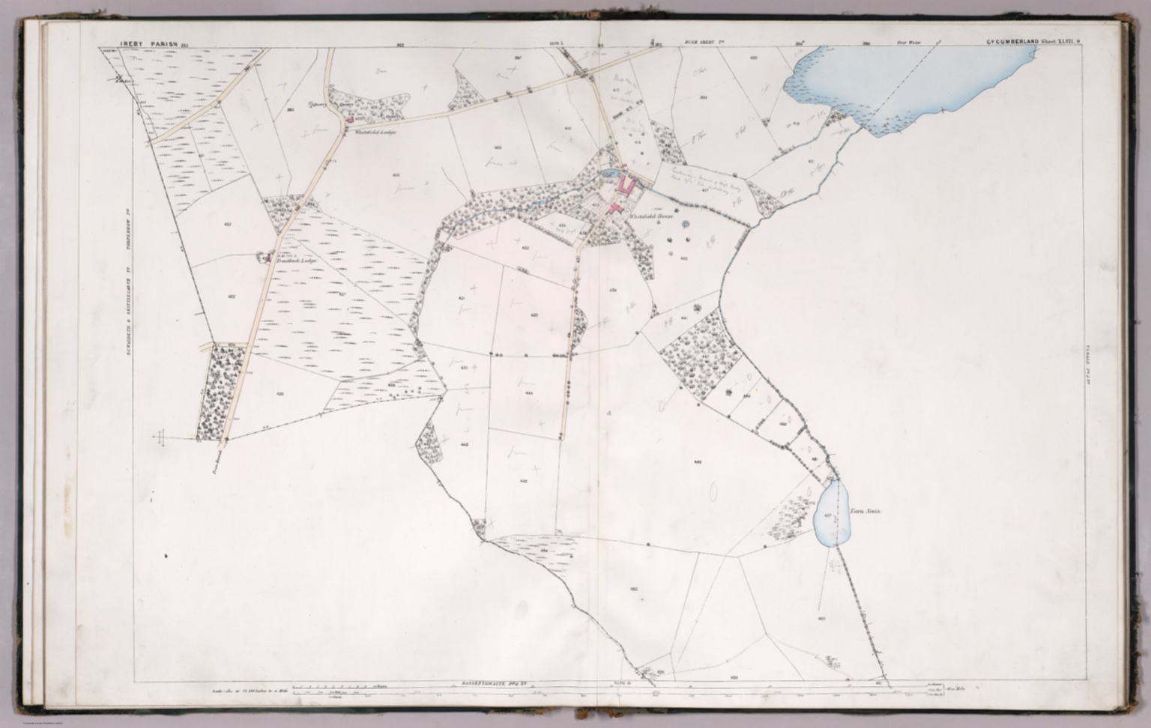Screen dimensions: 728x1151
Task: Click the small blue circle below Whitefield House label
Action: tap(684, 223)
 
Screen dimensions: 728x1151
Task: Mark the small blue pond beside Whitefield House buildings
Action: tap(607, 175)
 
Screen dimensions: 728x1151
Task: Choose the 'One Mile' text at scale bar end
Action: tap(954, 689)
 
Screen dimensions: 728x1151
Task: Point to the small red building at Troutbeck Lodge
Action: tap(265, 258)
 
